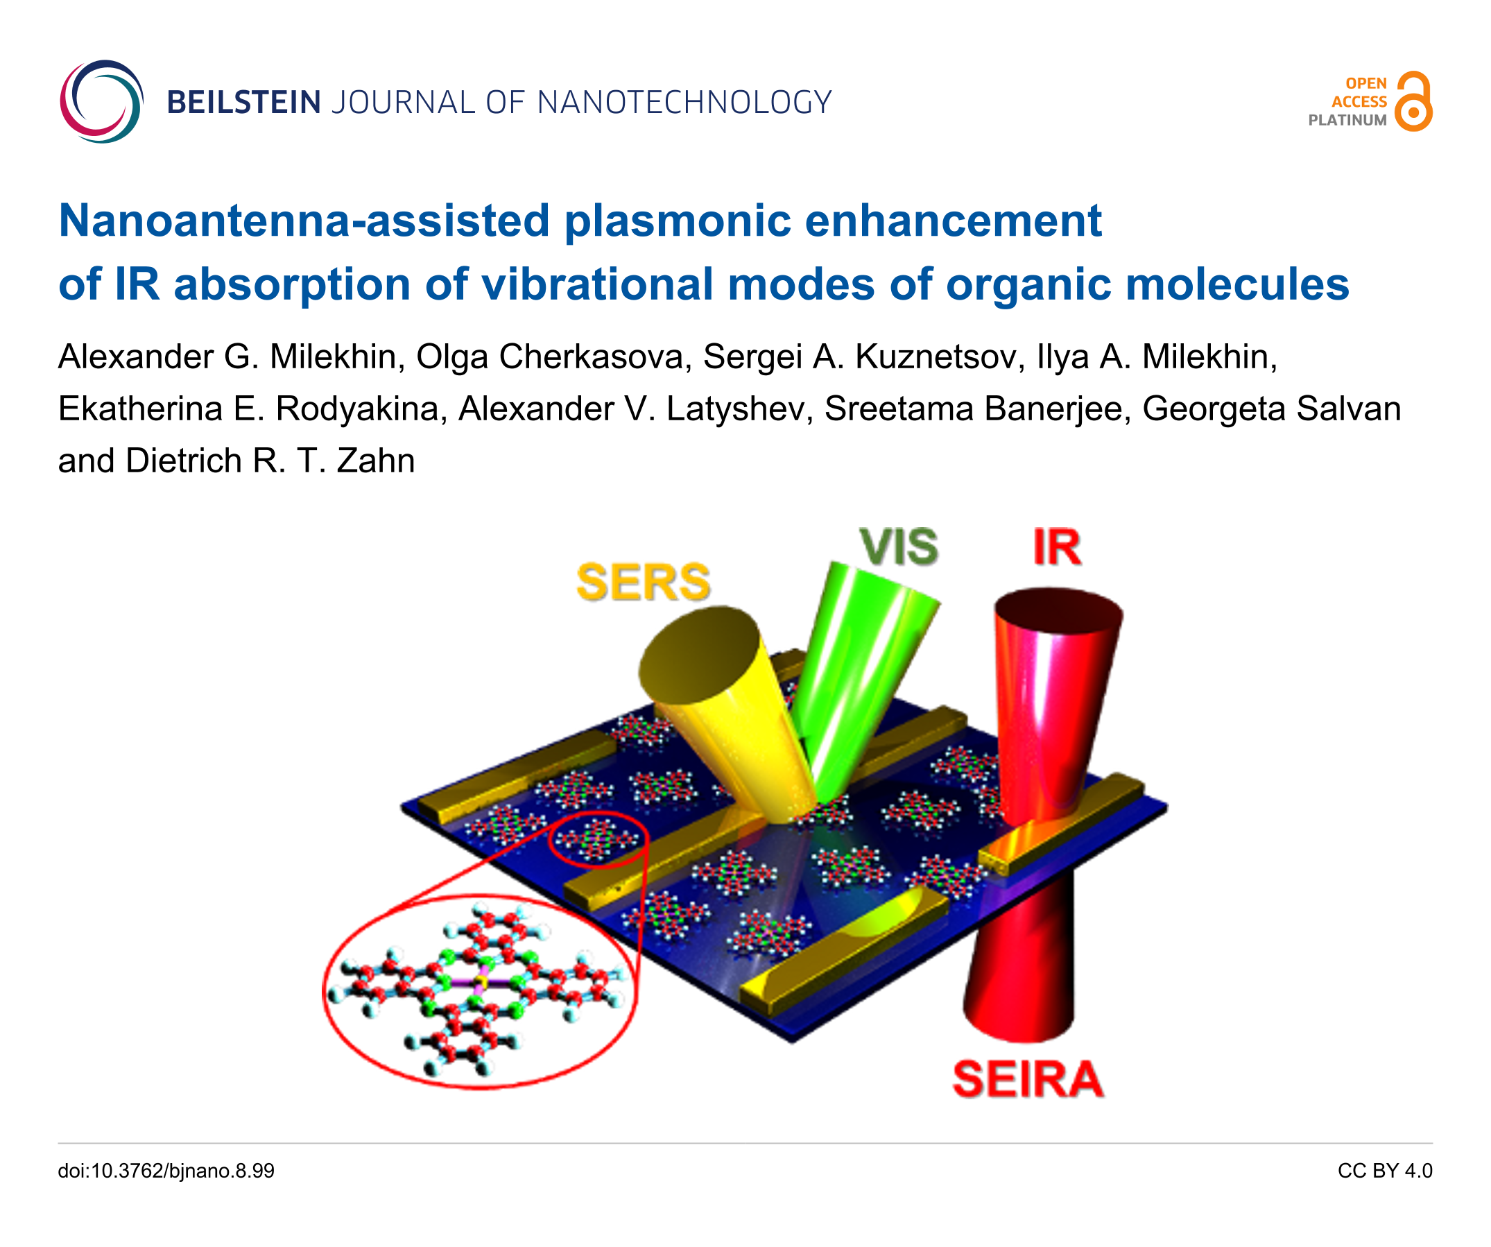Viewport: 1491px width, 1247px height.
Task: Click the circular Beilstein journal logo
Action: [101, 101]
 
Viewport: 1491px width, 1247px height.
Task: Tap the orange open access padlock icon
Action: [1413, 101]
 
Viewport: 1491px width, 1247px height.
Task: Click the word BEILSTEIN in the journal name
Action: [243, 103]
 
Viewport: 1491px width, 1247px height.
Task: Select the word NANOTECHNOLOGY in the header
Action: [684, 103]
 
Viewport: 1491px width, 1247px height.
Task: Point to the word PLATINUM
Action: [1347, 121]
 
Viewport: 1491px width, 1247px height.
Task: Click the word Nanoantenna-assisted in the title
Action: [304, 221]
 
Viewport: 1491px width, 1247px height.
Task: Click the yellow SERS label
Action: [643, 583]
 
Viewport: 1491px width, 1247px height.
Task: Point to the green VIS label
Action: [898, 547]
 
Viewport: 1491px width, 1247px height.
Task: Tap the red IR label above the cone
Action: [1056, 547]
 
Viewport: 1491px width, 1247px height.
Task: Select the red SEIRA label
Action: [1027, 1080]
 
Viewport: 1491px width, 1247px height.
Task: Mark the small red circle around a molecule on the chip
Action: [598, 839]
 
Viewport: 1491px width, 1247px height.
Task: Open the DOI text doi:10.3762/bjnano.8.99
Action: [166, 1171]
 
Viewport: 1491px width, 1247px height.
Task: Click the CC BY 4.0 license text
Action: [1384, 1171]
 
